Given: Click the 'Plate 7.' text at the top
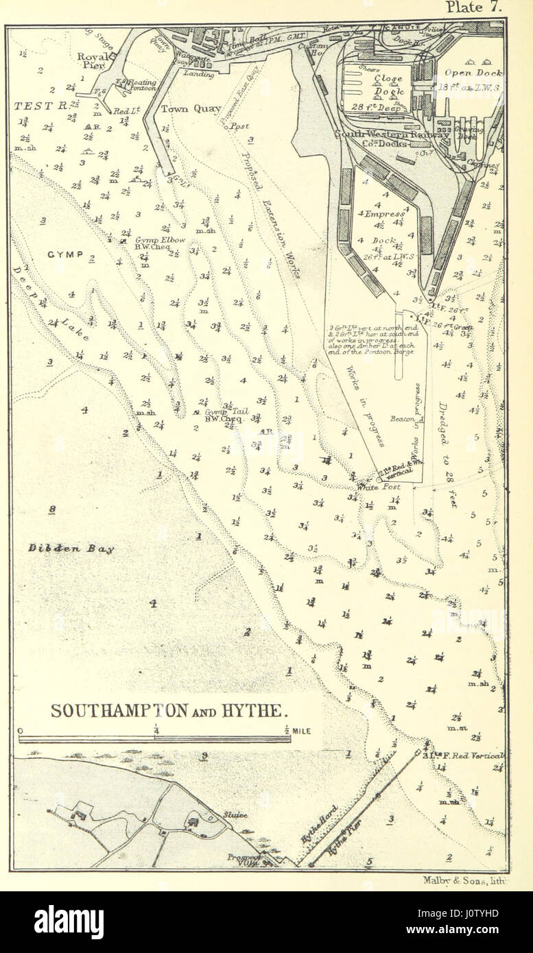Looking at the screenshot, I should [475, 8].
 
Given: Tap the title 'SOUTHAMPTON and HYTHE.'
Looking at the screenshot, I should [167, 710].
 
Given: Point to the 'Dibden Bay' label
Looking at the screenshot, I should [71, 548].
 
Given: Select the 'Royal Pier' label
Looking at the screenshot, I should [93, 62].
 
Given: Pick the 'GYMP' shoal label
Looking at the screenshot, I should [65, 254].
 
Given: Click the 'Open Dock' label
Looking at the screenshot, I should [473, 73].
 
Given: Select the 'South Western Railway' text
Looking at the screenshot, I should [392, 135].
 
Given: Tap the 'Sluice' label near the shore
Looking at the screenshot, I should [234, 815].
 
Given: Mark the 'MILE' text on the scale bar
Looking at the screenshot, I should [301, 731].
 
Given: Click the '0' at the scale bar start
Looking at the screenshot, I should [21, 731].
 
